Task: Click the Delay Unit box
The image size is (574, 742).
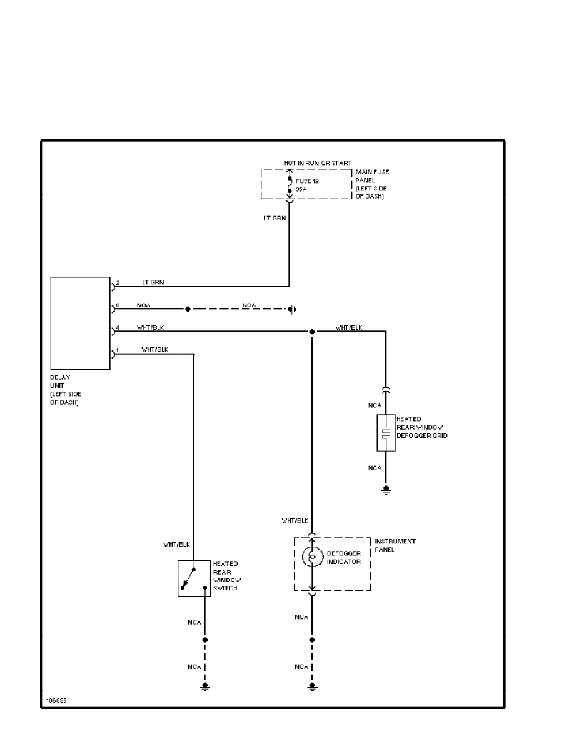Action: pyautogui.click(x=80, y=324)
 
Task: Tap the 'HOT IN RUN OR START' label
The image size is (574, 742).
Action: pyautogui.click(x=318, y=163)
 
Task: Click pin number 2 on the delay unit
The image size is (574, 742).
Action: pyautogui.click(x=117, y=283)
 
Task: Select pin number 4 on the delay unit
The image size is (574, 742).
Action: pyautogui.click(x=117, y=327)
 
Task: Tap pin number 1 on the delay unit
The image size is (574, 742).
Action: pyautogui.click(x=117, y=350)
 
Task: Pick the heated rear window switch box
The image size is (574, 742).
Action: pyautogui.click(x=194, y=578)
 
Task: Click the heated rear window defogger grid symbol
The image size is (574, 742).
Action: pyautogui.click(x=386, y=432)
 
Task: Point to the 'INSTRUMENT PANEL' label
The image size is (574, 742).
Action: pyautogui.click(x=395, y=545)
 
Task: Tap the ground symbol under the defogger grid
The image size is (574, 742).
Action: pyautogui.click(x=386, y=490)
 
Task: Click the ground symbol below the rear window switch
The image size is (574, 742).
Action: pyautogui.click(x=204, y=688)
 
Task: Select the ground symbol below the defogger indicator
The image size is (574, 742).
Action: pyautogui.click(x=311, y=688)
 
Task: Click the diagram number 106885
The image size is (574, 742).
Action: pyautogui.click(x=56, y=700)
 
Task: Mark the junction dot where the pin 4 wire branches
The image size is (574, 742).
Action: pyautogui.click(x=311, y=332)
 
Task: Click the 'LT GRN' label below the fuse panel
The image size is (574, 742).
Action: pyautogui.click(x=275, y=219)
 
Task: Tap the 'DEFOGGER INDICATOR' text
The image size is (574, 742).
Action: pyautogui.click(x=344, y=557)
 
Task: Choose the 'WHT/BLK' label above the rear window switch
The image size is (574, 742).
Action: pyautogui.click(x=176, y=544)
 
